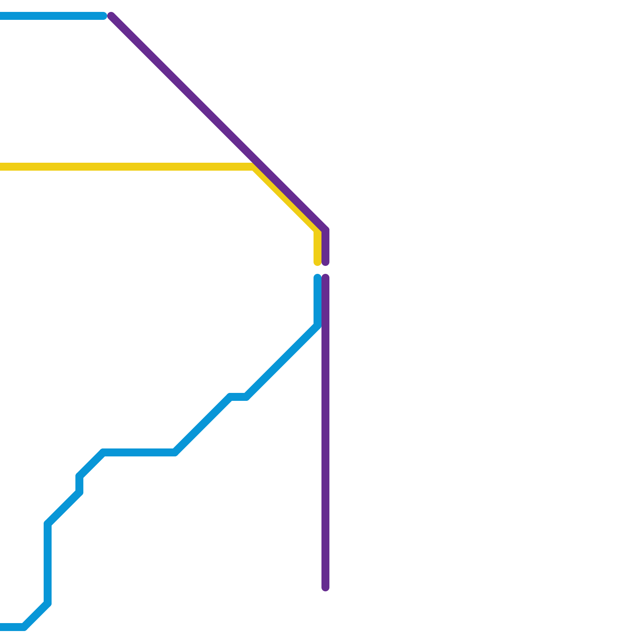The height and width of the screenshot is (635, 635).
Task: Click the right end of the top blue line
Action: tap(104, 16)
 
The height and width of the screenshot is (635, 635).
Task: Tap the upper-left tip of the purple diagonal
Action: tap(111, 16)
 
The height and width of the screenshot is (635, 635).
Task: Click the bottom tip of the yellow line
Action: tap(317, 262)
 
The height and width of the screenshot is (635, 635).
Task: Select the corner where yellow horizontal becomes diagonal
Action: tap(253, 167)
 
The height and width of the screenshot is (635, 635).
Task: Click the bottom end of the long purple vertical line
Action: tap(325, 588)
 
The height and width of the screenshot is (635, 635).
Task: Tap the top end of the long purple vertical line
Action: tap(325, 277)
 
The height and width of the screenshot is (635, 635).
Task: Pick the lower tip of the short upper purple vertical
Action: tap(325, 262)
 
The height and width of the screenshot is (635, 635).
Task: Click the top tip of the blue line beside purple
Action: tap(317, 277)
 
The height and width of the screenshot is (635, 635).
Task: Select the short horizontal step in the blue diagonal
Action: tap(239, 397)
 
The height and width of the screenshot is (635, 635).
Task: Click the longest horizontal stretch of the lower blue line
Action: tap(139, 452)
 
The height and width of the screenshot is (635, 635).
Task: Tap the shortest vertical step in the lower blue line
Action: tap(79, 484)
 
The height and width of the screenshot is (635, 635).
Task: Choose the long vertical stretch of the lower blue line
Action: tap(48, 564)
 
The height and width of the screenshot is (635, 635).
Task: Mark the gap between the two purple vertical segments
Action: tap(325, 270)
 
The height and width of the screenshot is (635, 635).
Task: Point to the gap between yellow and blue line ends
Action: tap(317, 270)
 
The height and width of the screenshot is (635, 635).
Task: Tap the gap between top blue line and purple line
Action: tap(108, 16)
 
